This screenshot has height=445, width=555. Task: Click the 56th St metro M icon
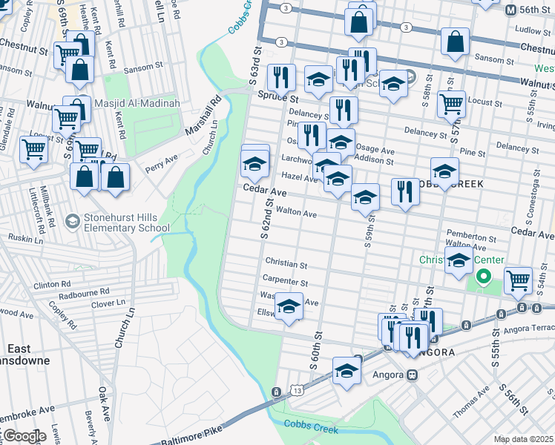pos(510,10)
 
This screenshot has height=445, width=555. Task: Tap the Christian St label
pos(286,264)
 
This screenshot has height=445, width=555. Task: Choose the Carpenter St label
pos(285,282)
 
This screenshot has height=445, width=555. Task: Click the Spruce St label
pos(277,97)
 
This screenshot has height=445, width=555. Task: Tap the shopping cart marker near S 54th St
pos(518,280)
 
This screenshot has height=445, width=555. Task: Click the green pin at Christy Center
pos(484,277)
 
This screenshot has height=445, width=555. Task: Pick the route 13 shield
pos(298,390)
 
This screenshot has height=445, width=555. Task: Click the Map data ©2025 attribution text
pos(524,439)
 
